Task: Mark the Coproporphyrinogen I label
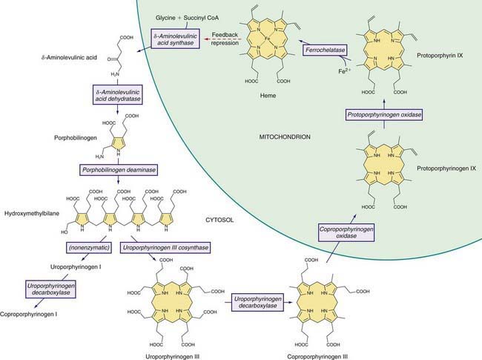[29, 315]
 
